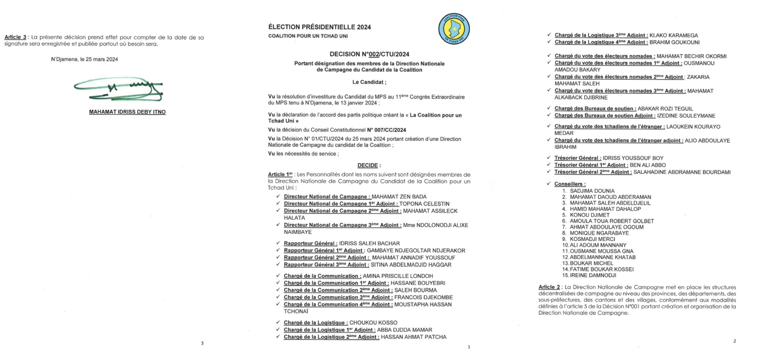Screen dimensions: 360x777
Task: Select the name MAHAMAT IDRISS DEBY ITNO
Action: pos(127,112)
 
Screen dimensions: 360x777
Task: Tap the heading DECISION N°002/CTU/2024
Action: pos(369,54)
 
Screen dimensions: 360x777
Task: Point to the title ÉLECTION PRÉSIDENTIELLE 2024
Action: pos(319,27)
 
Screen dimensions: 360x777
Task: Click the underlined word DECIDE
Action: pos(368,165)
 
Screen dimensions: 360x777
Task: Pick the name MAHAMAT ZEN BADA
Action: pos(399,197)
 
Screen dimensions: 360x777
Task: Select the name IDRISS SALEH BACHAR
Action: pos(369,243)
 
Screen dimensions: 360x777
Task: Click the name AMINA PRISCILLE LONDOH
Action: pos(398,276)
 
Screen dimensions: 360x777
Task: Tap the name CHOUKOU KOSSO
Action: pos(373,323)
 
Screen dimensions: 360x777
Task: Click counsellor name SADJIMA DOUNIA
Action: pos(592,191)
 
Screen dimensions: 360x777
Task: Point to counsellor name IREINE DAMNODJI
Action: pos(593,275)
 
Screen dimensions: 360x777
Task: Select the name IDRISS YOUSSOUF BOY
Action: pos(633,158)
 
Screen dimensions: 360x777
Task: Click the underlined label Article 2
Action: pos(549,287)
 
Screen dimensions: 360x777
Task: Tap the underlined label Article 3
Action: pos(15,37)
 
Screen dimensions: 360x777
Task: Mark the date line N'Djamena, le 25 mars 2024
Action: pos(84,59)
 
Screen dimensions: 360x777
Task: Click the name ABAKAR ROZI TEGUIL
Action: pos(665,109)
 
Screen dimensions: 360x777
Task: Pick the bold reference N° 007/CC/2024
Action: pos(386,130)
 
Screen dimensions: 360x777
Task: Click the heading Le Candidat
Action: pos(369,82)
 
